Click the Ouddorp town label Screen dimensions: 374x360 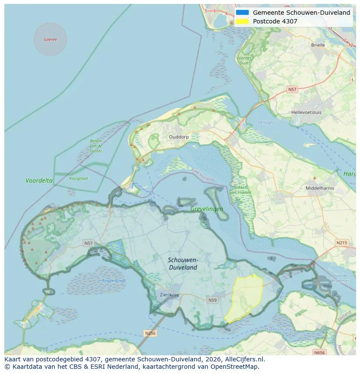(x=179, y=136)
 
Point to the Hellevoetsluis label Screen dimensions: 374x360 (x=307, y=112)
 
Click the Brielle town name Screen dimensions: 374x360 (x=318, y=45)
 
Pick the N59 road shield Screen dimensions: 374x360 (x=212, y=300)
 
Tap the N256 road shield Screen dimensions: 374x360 (x=150, y=333)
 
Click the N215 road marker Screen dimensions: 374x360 (x=341, y=242)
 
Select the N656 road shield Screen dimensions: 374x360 (x=320, y=353)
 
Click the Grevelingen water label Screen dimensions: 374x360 (x=207, y=209)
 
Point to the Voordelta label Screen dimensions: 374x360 (x=39, y=180)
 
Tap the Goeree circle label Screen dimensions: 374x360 (x=50, y=40)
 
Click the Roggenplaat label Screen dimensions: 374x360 (x=114, y=281)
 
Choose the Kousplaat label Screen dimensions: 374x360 (x=78, y=178)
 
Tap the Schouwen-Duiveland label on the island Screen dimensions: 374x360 (x=183, y=264)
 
